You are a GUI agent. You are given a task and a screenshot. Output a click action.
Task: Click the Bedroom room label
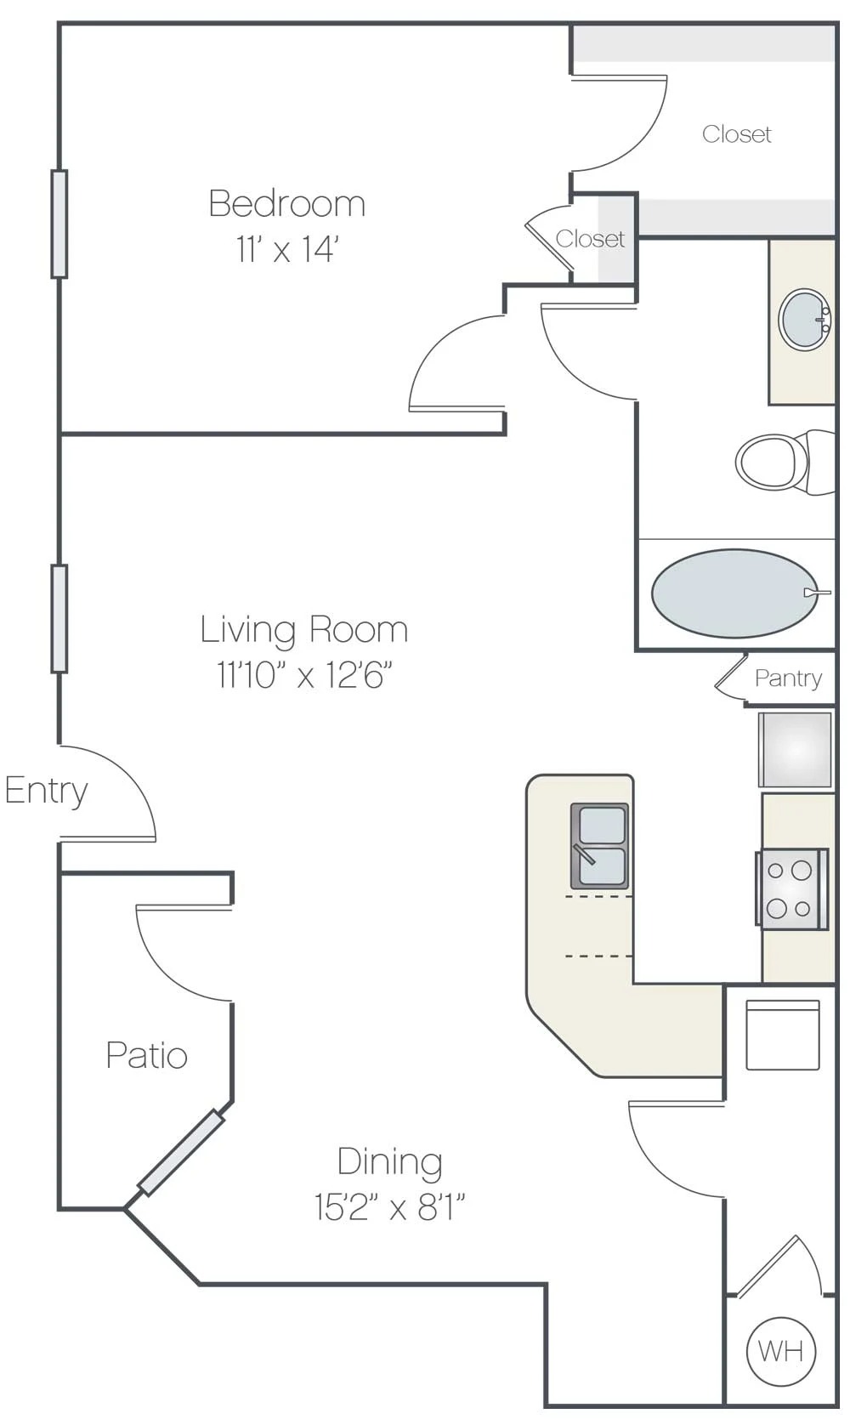pyautogui.click(x=287, y=204)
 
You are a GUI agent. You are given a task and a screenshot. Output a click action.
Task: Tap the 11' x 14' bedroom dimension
pyautogui.click(x=287, y=250)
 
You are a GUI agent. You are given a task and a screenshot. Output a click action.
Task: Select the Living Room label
pyautogui.click(x=304, y=630)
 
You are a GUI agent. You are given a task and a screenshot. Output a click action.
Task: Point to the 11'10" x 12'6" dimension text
pyautogui.click(x=304, y=676)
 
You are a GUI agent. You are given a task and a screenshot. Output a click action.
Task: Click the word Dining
pyautogui.click(x=389, y=1161)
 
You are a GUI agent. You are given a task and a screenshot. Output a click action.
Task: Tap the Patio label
pyautogui.click(x=146, y=1056)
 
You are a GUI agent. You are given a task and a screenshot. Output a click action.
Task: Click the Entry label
pyautogui.click(x=46, y=791)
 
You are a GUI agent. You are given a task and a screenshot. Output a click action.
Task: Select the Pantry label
pyautogui.click(x=788, y=678)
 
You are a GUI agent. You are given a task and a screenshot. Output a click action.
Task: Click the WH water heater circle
pyautogui.click(x=780, y=1350)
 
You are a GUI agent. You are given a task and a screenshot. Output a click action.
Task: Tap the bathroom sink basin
pyautogui.click(x=804, y=320)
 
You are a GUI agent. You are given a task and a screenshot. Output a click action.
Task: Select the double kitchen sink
pyautogui.click(x=600, y=846)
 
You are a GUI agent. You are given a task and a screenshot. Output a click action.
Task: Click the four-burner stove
pyautogui.click(x=791, y=889)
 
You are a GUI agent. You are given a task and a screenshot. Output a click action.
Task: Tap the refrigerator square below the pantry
pyautogui.click(x=795, y=750)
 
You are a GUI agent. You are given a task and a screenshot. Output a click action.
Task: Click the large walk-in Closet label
pyautogui.click(x=736, y=134)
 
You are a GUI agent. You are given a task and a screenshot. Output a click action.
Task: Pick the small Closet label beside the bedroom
pyautogui.click(x=589, y=239)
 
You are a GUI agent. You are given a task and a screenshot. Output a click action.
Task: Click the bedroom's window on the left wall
pyautogui.click(x=59, y=224)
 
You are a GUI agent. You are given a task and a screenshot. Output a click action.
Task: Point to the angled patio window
pyautogui.click(x=181, y=1153)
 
